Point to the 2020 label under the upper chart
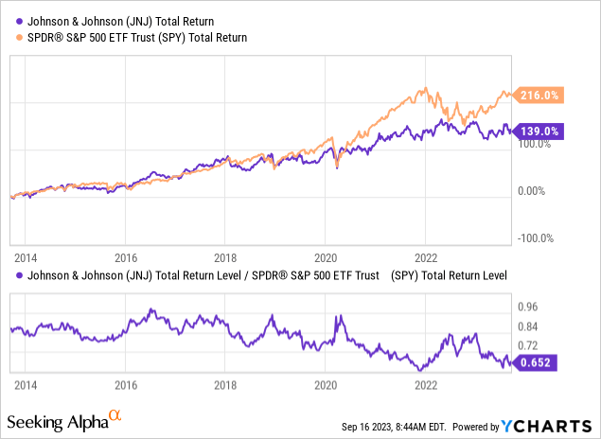(x=326, y=255)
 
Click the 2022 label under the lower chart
(x=426, y=385)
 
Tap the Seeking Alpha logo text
(x=57, y=419)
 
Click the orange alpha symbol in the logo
(x=115, y=415)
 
